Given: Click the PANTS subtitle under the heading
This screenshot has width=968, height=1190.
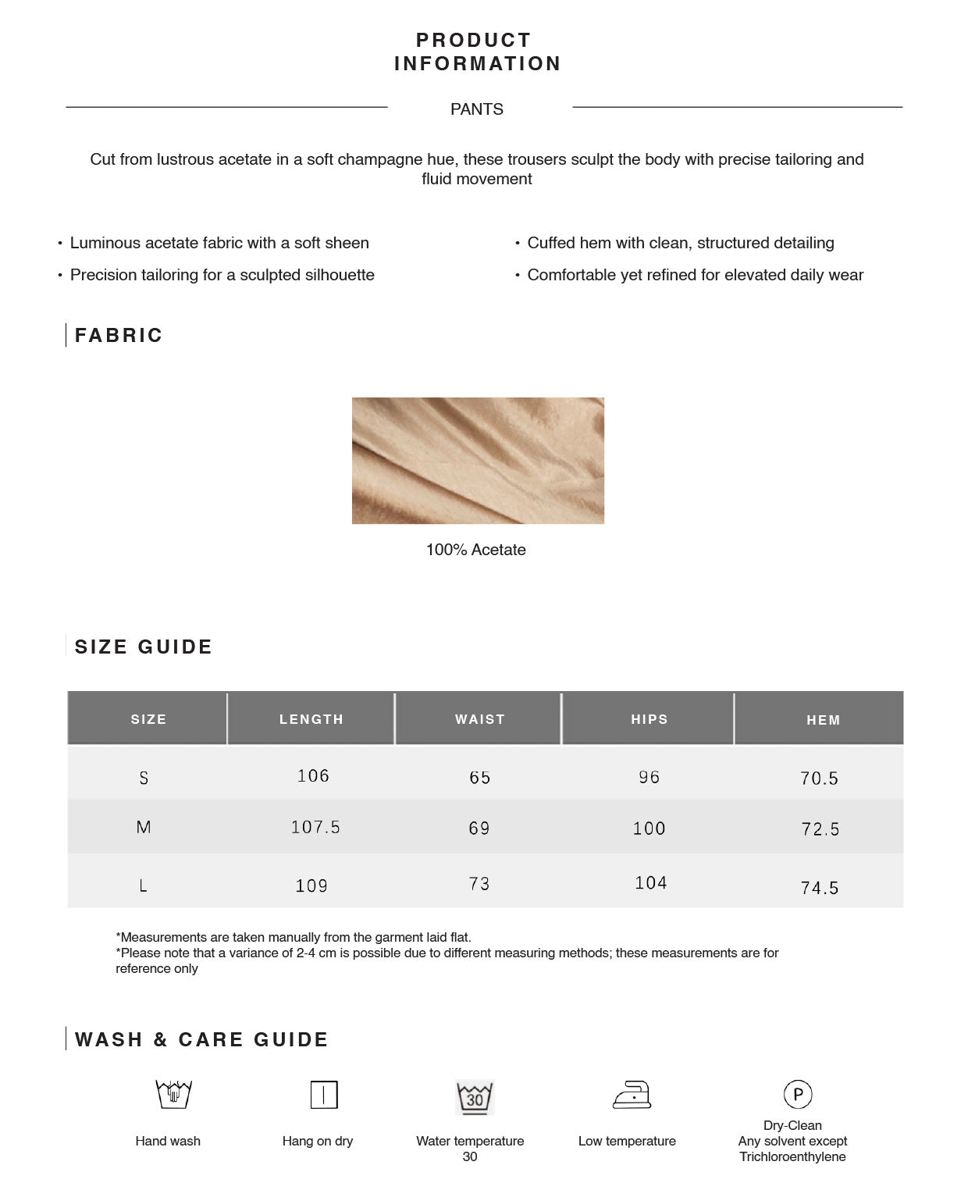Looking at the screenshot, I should (476, 109).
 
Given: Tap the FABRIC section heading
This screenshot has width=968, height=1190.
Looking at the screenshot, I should (119, 336).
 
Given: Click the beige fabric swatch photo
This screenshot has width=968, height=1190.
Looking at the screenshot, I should (478, 460).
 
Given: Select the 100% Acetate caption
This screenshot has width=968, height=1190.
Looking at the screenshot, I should (475, 550).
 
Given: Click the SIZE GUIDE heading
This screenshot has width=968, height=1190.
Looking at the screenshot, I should (144, 647).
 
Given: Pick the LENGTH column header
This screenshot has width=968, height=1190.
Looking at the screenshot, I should (311, 719).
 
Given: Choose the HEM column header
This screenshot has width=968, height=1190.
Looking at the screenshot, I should (823, 720).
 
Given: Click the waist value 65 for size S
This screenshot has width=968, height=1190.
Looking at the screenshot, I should (479, 778).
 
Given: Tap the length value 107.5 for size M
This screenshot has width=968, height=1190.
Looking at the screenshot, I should (315, 828).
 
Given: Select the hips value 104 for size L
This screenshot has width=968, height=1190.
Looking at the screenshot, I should (650, 883).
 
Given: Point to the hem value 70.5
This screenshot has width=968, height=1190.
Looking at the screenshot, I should (819, 778).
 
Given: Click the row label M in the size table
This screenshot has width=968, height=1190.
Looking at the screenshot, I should (144, 828).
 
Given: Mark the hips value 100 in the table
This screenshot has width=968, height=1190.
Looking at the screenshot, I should (649, 828).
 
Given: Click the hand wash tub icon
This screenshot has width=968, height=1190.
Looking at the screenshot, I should (173, 1095).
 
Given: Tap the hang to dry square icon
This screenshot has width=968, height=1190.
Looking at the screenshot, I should (323, 1095).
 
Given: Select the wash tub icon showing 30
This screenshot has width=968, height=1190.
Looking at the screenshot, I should (475, 1097).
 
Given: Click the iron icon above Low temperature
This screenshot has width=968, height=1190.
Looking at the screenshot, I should (632, 1095).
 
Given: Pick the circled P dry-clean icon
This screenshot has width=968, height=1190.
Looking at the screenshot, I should (797, 1094).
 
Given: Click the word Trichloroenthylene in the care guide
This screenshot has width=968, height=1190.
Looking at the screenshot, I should (792, 1156).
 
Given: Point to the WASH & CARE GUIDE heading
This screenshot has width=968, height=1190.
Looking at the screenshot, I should (201, 1040).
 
